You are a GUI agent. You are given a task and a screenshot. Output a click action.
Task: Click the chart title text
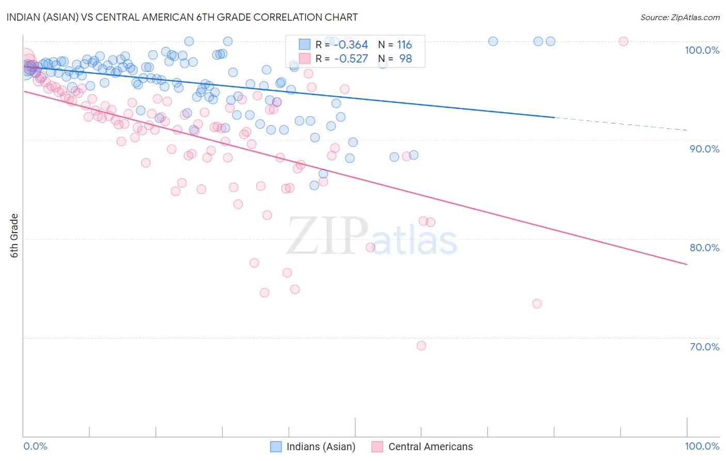182,17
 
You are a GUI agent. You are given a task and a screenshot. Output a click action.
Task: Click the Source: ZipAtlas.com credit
680,17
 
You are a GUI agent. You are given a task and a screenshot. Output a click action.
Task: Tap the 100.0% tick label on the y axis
702,50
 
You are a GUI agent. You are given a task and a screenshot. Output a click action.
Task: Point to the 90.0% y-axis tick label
704,149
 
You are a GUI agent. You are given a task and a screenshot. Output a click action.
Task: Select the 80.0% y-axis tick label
704,248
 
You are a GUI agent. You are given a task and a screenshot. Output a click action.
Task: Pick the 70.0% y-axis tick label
704,347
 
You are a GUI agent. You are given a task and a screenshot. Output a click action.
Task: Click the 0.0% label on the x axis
35,446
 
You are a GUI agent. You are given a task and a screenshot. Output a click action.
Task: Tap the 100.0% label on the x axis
702,446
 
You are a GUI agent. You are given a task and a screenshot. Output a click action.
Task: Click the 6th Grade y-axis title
14,236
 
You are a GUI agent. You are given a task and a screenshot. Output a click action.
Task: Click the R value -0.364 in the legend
351,45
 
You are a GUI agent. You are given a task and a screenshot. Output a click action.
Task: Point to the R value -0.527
351,59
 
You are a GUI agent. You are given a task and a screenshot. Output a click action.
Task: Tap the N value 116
404,45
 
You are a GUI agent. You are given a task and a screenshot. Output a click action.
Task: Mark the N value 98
405,59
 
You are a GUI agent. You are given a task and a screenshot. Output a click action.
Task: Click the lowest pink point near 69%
421,346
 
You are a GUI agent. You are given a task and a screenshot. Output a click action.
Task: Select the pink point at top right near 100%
623,41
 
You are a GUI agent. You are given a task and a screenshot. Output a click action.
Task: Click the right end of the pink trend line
686,264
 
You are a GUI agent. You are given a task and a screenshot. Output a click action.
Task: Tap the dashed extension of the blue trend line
620,124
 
